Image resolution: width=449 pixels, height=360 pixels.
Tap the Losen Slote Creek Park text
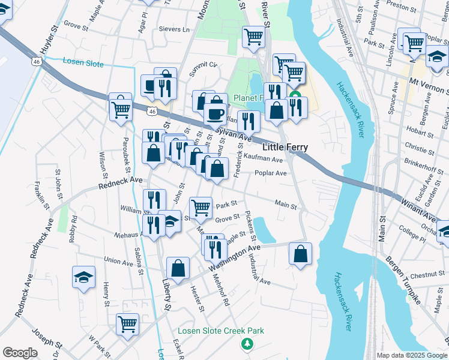(220, 331)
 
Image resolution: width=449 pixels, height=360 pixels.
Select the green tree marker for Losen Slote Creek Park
(246, 343)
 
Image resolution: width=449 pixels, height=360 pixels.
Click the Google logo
(20, 353)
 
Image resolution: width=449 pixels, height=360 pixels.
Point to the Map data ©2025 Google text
(412, 355)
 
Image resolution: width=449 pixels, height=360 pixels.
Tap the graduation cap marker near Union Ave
(83, 278)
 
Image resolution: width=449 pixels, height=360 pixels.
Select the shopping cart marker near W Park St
(127, 325)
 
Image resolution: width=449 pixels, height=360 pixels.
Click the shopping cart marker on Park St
(201, 208)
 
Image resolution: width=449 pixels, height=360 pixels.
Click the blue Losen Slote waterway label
(83, 64)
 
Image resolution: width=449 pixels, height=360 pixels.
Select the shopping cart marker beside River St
(253, 37)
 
